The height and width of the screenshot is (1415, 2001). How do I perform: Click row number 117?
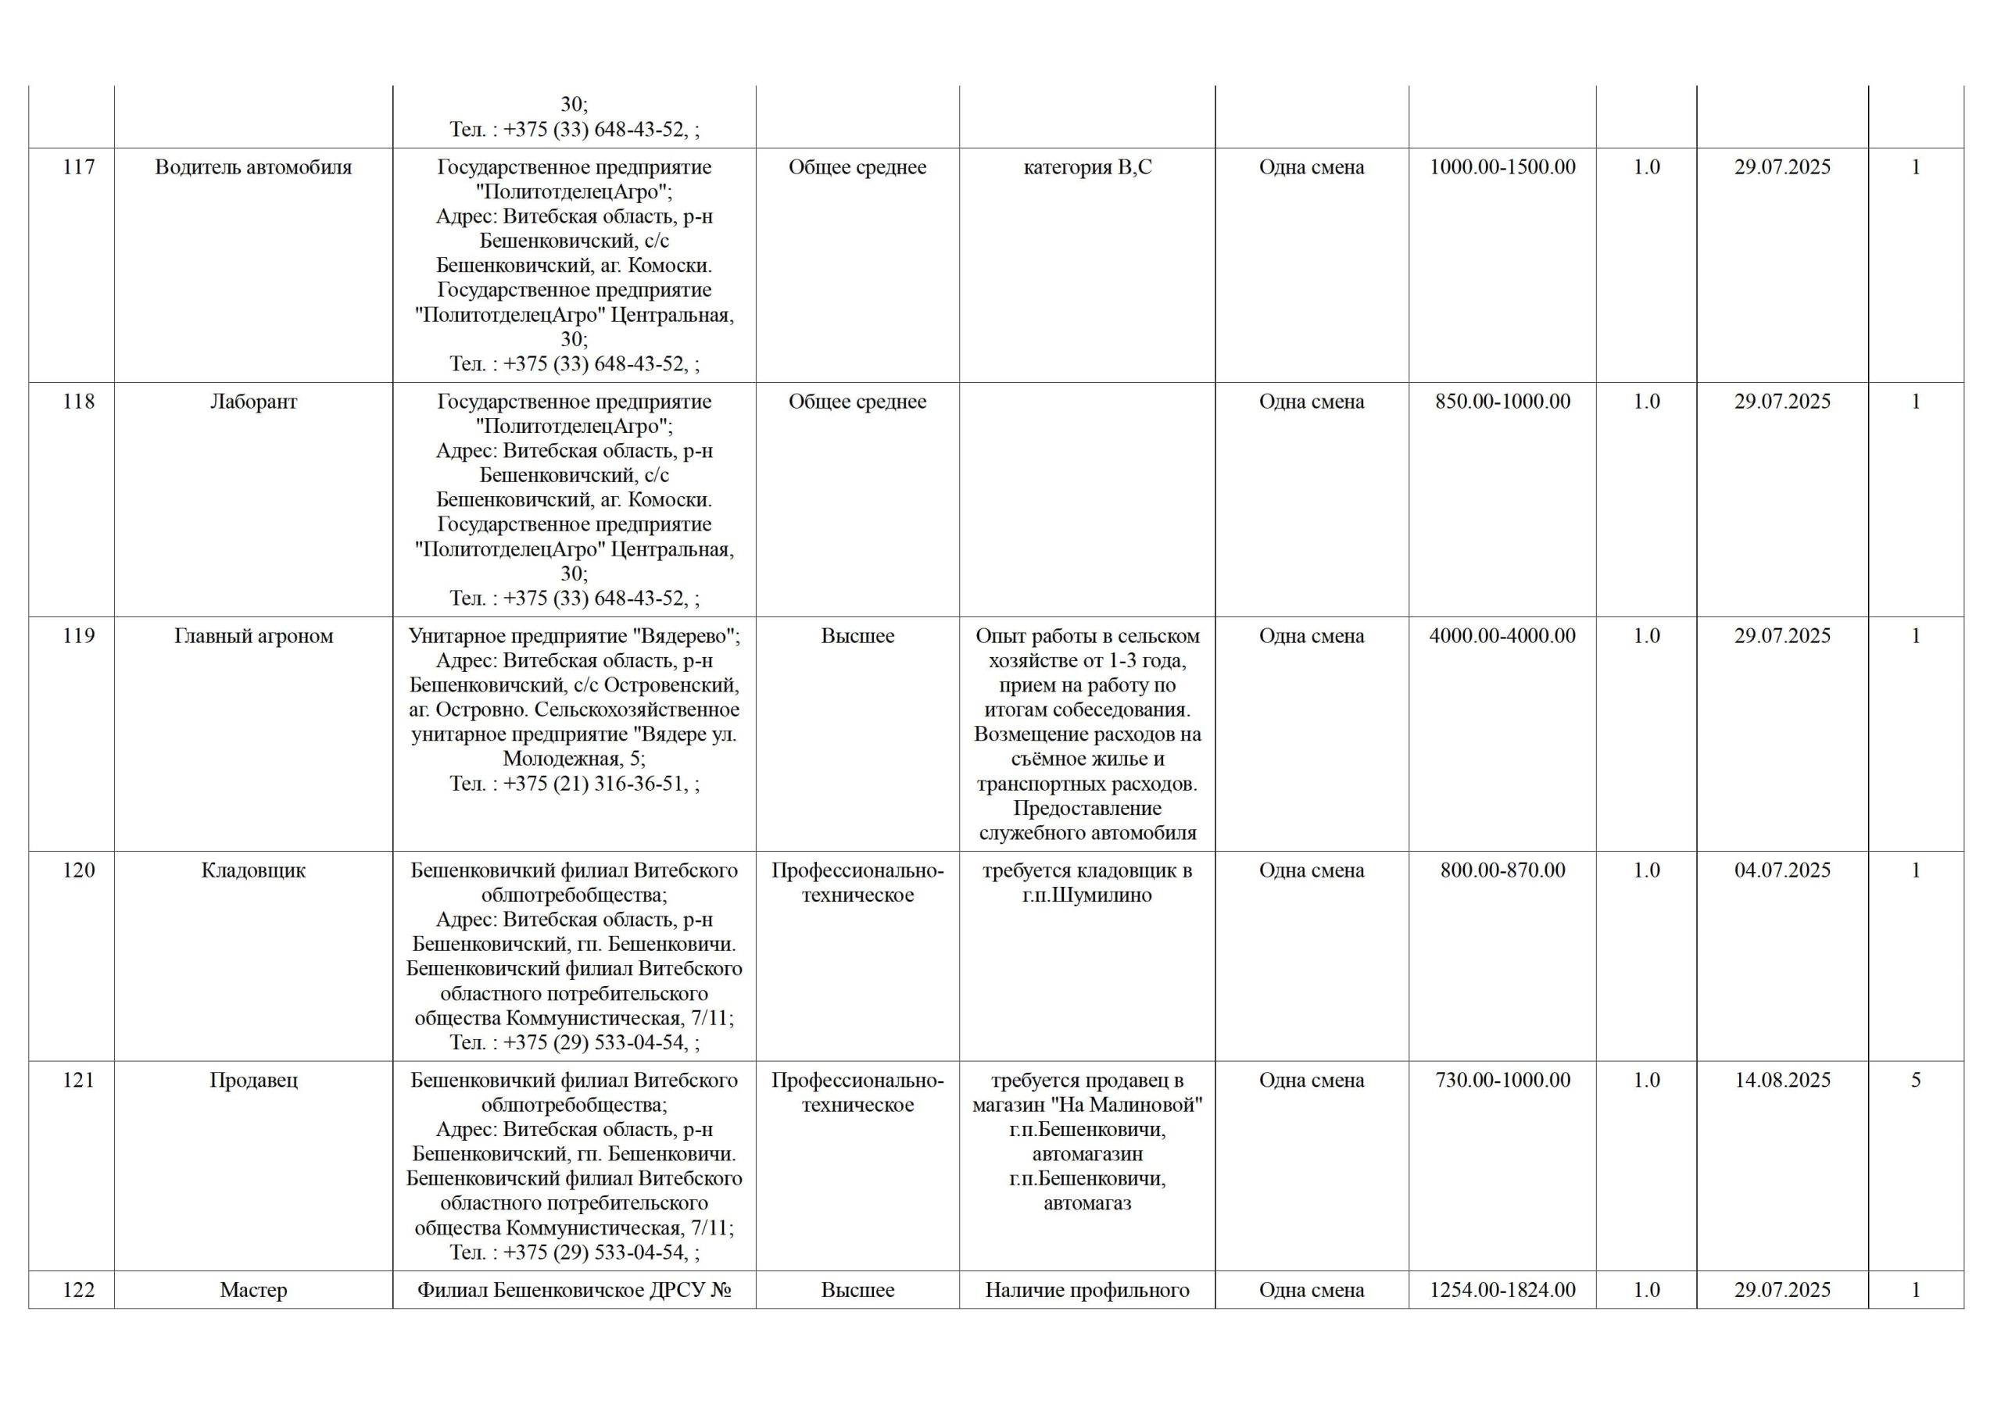point(78,167)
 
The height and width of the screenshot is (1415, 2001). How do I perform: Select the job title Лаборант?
point(252,402)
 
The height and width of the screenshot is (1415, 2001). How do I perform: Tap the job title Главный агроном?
point(252,636)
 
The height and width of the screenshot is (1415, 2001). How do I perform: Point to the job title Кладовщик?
point(252,870)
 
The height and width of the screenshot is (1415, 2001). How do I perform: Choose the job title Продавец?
point(252,1081)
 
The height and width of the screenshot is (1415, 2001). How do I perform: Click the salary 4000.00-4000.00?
point(1502,636)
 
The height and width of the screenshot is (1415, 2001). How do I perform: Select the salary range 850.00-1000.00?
point(1502,402)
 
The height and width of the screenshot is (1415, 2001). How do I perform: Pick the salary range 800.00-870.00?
point(1502,870)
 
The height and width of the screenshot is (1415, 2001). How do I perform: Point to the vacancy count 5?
point(1916,1081)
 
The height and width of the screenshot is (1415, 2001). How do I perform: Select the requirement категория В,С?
point(1086,167)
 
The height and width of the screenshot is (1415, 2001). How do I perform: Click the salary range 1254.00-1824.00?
point(1502,1291)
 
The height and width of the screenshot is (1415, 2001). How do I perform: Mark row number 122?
point(78,1291)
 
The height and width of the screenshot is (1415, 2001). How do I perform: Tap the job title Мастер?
point(252,1291)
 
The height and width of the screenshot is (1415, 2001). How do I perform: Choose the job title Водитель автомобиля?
point(252,167)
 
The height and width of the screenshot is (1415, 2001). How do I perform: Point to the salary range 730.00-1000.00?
point(1502,1081)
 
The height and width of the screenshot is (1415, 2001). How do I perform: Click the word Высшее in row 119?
point(857,636)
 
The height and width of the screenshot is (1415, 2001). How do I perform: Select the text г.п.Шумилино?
point(1086,895)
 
